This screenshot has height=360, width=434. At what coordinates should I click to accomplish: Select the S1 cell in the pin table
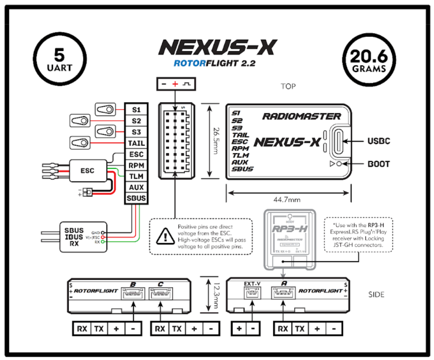coord(136,110)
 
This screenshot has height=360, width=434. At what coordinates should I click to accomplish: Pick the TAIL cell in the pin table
coord(136,143)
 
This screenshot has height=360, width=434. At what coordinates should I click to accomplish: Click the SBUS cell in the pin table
coord(136,199)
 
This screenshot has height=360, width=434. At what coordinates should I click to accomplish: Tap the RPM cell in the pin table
coord(136,165)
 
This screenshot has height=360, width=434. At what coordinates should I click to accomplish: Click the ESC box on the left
coord(88,170)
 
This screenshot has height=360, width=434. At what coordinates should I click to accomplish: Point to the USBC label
coord(379,141)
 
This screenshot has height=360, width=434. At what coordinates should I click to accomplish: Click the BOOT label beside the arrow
coord(379,164)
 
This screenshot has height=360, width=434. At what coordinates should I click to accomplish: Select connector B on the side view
coord(132,294)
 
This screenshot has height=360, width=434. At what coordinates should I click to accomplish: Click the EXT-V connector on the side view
coord(252,294)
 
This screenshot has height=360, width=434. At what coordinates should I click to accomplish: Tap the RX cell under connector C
coord(160,328)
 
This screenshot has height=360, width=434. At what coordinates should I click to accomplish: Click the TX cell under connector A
coord(300,328)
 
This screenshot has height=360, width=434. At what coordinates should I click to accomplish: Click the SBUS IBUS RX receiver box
coord(83,237)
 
